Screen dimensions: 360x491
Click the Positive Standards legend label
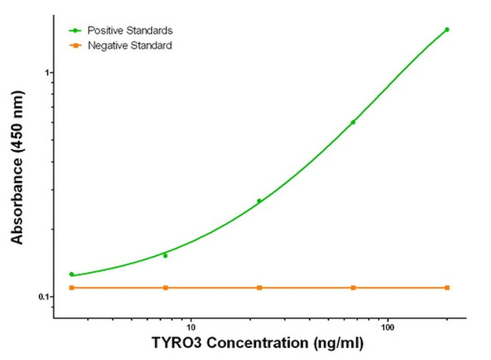coord(131,30)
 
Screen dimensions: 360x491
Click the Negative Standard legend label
coord(130,46)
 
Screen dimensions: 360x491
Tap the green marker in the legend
coord(76,30)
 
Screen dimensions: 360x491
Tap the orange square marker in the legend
coord(76,46)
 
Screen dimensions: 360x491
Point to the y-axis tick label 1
coord(46,72)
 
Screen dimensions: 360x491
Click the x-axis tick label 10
coord(190,328)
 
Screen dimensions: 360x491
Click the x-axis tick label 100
coord(388,328)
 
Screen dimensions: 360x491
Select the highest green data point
coord(446,29)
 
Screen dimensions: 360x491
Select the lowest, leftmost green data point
coord(72,274)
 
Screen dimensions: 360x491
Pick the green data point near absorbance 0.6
coord(353,122)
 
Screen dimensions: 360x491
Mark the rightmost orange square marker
coord(446,288)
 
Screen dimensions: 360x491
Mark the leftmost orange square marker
coord(72,288)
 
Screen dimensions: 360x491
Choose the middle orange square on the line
coord(259,288)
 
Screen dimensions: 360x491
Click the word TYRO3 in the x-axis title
coord(178,344)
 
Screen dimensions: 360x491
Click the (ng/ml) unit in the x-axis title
coord(337,344)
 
